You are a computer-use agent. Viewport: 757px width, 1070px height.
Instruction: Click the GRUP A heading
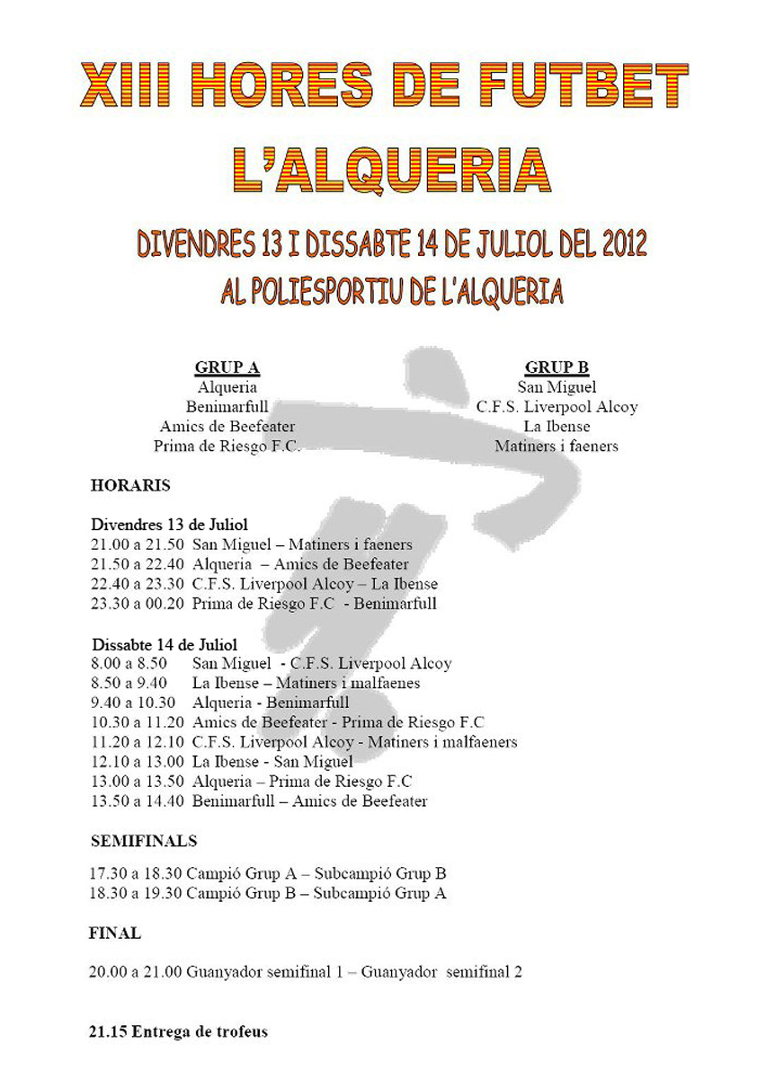[x=227, y=367]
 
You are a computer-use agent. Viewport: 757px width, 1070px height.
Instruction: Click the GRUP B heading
[x=557, y=367]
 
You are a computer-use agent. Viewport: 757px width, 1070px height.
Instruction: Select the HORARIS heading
[x=130, y=486]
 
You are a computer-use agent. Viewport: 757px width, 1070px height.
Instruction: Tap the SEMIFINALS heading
[x=144, y=842]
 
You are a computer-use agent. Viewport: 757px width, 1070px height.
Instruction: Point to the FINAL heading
[x=115, y=933]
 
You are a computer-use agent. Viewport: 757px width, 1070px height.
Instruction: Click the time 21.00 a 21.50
[x=138, y=544]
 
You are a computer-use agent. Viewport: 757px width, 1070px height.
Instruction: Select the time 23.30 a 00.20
[x=138, y=604]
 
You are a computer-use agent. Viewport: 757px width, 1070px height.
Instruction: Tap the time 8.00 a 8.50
[x=129, y=664]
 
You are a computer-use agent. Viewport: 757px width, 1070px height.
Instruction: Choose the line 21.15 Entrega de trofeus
[x=178, y=1032]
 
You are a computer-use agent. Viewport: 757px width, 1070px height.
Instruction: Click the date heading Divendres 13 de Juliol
[x=169, y=525]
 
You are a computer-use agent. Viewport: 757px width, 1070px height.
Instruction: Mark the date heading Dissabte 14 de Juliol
[x=164, y=644]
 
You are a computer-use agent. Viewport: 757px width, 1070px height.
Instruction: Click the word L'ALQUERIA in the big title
[x=378, y=171]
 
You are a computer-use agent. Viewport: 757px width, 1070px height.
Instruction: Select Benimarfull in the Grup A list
[x=227, y=407]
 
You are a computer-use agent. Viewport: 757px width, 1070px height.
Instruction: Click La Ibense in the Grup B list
[x=557, y=427]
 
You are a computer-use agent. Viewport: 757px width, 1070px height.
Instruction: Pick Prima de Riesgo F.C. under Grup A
[x=227, y=447]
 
